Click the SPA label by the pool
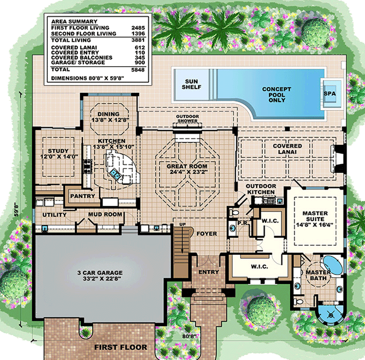coord(329,94)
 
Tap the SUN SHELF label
coord(191,84)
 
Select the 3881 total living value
coord(138,40)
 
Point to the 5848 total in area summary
coord(138,69)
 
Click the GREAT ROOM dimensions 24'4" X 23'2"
coord(187,172)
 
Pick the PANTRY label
coord(83,196)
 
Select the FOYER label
coord(207,233)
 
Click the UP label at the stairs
coord(182,224)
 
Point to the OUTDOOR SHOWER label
coord(188,119)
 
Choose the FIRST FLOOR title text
coord(120,347)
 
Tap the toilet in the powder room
coord(234,212)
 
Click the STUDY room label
coord(58,151)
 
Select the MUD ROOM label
coord(105,214)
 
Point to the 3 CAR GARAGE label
coord(100,273)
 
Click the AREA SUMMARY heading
coord(74,21)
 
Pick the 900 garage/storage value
coord(140,63)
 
